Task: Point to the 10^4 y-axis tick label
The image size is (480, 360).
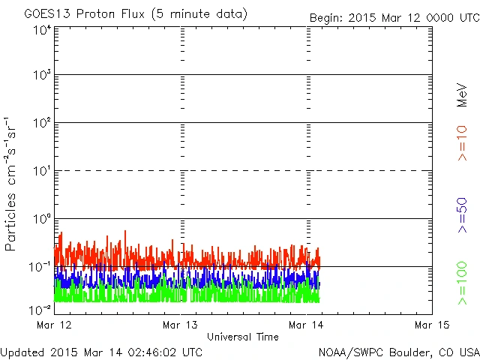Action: coord(42,31)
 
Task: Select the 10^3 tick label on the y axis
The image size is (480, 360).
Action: coord(42,76)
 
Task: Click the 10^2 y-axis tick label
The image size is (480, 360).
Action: coord(42,124)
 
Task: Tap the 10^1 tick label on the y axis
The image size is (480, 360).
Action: coord(42,172)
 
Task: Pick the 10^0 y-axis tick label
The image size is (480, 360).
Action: coord(42,220)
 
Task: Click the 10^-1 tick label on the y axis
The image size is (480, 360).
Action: coord(40,268)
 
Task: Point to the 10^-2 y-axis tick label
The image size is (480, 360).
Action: coord(40,309)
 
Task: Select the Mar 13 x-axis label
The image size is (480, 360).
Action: coord(180,325)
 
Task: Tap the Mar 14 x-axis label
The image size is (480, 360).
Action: coord(307,325)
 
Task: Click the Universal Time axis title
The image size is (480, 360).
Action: coord(243,337)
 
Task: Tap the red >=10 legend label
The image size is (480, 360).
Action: coord(462,142)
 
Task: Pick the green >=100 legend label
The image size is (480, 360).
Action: coord(462,283)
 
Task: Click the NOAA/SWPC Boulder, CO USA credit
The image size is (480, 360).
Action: coord(398,352)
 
